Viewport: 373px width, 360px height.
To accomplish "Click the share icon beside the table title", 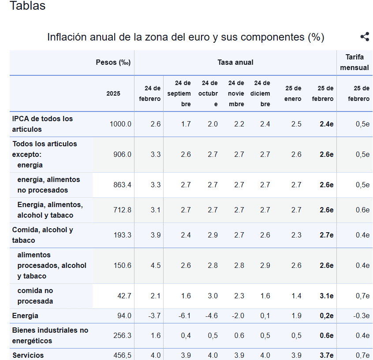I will click(365, 37).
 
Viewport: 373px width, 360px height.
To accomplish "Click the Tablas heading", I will click(27, 6).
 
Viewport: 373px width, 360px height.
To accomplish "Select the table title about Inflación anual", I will click(186, 37).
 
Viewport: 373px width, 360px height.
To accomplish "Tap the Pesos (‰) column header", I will click(113, 62).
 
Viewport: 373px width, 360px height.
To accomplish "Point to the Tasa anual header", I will click(235, 62).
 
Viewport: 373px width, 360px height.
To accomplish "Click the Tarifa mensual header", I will click(354, 62).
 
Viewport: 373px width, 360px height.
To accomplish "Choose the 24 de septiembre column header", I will click(179, 93).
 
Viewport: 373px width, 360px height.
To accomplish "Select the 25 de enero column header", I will click(293, 93).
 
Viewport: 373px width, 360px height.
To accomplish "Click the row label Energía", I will click(26, 315).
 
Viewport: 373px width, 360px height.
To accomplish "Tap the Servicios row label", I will click(28, 355).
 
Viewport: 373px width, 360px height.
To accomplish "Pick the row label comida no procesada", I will click(35, 296).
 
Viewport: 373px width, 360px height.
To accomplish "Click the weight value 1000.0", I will click(120, 124).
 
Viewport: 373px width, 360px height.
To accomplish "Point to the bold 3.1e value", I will click(326, 296).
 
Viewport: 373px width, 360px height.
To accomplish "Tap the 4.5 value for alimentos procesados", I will click(156, 265).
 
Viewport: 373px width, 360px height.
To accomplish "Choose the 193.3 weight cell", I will click(122, 235).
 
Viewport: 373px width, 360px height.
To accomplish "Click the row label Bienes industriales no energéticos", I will click(50, 335).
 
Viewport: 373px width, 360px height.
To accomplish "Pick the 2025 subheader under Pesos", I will click(113, 93).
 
